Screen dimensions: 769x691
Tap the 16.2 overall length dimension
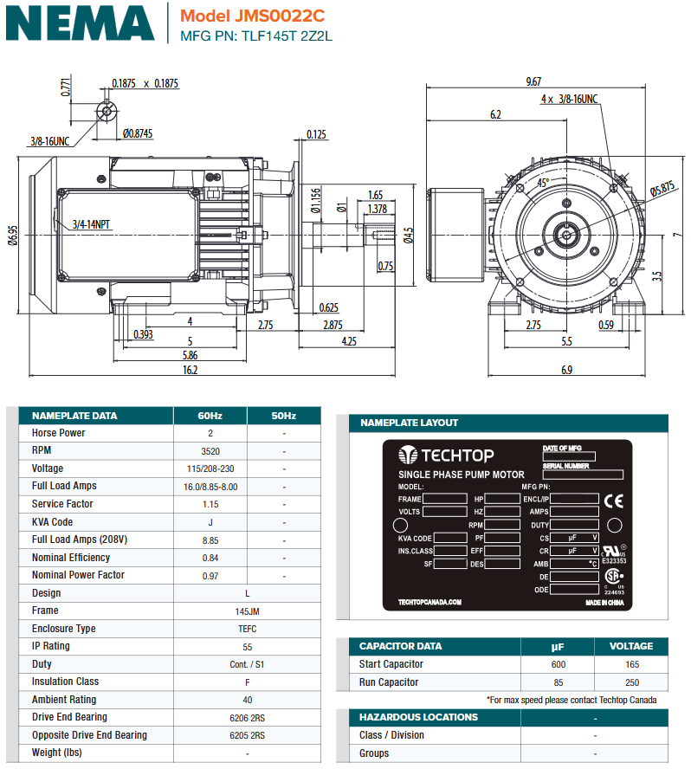click(x=191, y=370)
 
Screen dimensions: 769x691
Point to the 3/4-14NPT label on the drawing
click(x=92, y=224)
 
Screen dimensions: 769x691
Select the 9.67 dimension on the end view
click(x=533, y=81)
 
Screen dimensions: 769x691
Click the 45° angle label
click(x=543, y=183)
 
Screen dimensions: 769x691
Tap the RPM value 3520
click(x=210, y=451)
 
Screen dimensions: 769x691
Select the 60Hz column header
click(x=210, y=416)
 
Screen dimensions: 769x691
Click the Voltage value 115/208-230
click(x=210, y=469)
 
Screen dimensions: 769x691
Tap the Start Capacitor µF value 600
click(x=558, y=664)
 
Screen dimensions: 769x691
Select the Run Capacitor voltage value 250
click(x=631, y=682)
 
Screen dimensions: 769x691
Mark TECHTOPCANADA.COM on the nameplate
click(x=429, y=602)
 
